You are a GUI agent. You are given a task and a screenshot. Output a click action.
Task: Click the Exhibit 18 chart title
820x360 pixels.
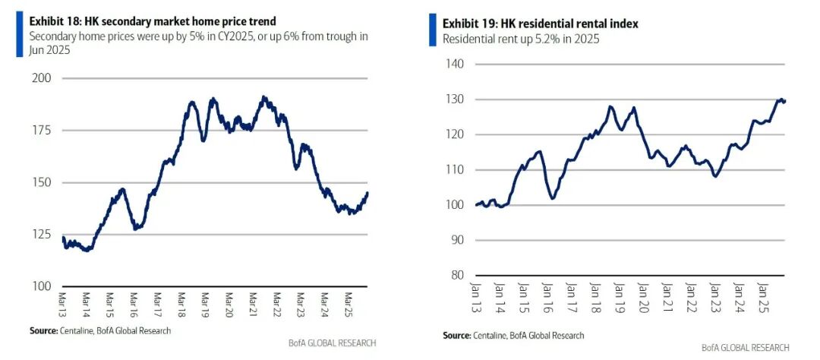(153, 21)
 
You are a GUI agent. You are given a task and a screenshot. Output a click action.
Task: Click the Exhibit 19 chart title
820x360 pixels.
(541, 24)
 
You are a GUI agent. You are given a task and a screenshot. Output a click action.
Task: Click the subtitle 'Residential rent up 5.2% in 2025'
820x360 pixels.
(521, 39)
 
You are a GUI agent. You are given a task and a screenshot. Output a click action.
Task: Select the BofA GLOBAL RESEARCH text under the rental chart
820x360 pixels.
(746, 347)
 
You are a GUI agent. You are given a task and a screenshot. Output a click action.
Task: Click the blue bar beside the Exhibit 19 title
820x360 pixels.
(433, 30)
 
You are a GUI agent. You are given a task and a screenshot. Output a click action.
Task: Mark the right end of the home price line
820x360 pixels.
(367, 193)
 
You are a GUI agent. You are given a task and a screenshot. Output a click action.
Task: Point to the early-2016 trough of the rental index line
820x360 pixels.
(552, 197)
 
